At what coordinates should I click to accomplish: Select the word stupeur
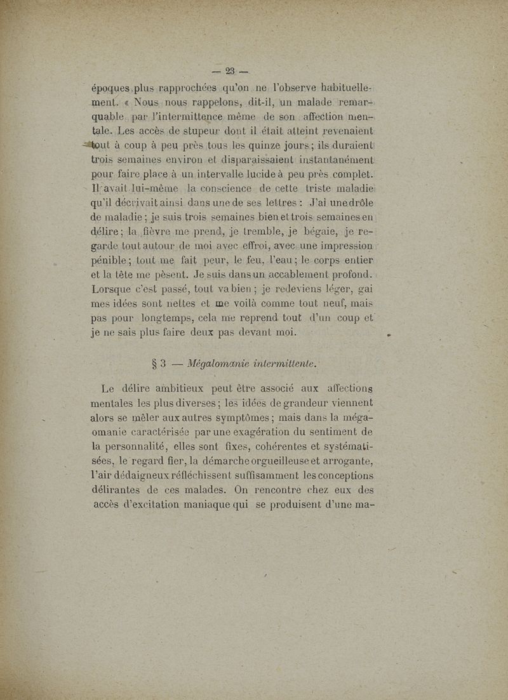[x=182, y=133]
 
